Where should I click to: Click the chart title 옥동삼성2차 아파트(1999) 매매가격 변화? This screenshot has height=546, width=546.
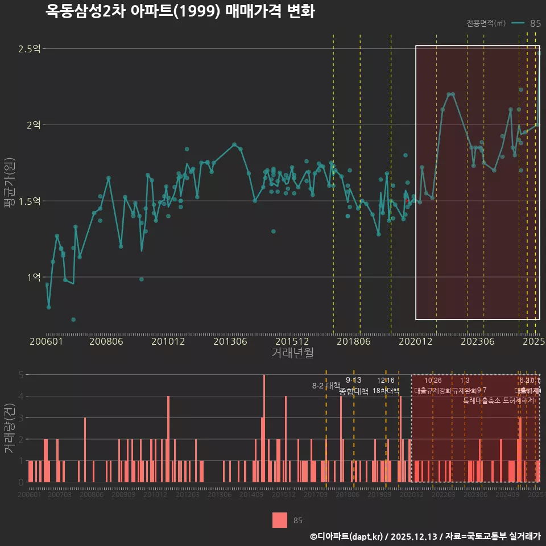point(180,12)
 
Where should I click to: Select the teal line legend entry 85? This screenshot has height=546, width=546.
point(526,23)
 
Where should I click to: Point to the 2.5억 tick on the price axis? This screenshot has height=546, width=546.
point(29,49)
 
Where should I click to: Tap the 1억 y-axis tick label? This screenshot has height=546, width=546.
point(32,277)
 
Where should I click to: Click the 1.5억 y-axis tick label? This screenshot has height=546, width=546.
point(29,201)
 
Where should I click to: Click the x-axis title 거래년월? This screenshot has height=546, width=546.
point(292,353)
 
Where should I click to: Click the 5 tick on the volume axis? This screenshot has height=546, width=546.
point(21,375)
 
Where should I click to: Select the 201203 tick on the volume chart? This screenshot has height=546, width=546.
point(188,495)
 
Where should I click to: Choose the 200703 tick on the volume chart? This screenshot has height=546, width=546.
point(60,495)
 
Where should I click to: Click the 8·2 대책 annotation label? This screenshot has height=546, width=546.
point(326,386)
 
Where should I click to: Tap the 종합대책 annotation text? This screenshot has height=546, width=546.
point(354,391)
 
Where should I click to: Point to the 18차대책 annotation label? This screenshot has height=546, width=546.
point(386,391)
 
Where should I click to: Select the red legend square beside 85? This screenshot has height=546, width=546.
point(280,520)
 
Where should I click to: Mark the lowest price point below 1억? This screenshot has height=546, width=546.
point(73,320)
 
